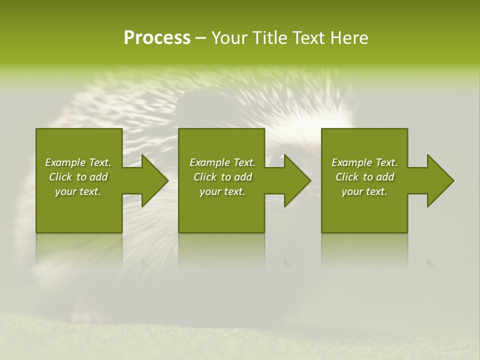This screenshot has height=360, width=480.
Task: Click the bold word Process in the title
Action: [x=157, y=38]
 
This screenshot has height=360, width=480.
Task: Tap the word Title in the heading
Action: [x=269, y=38]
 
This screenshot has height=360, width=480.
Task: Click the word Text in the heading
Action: [x=308, y=38]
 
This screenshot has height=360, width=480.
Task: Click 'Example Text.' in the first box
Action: [x=78, y=162]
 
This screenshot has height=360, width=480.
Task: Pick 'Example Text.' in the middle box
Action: [x=222, y=162]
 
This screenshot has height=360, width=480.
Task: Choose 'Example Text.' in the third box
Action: [x=364, y=162]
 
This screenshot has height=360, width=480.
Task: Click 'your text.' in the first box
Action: [x=78, y=191]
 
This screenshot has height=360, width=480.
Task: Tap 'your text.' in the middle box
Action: [x=222, y=191]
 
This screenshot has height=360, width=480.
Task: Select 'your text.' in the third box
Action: [x=364, y=191]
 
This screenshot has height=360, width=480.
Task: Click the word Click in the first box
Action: [x=61, y=177]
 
